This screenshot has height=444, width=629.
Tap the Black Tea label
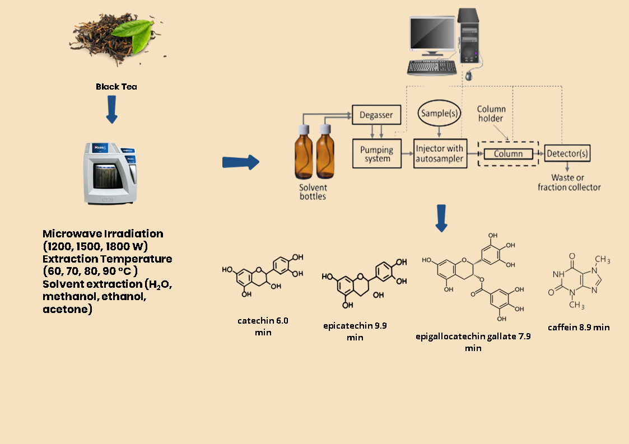coord(117,87)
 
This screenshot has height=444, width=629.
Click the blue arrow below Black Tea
coord(112,109)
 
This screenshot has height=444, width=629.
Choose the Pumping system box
coord(377,153)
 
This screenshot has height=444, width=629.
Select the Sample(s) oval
coord(440,113)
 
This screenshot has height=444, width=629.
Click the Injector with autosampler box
coord(440,153)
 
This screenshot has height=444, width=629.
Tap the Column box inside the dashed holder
coord(509,153)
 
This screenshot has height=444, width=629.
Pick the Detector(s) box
coord(567,153)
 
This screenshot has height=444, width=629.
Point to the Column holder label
coord(491,114)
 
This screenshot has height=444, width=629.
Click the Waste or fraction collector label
coord(569,183)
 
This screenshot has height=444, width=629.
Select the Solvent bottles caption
coord(313,192)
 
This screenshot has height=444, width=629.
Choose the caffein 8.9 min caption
coord(579,327)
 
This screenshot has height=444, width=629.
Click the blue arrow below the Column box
coord(441,218)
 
